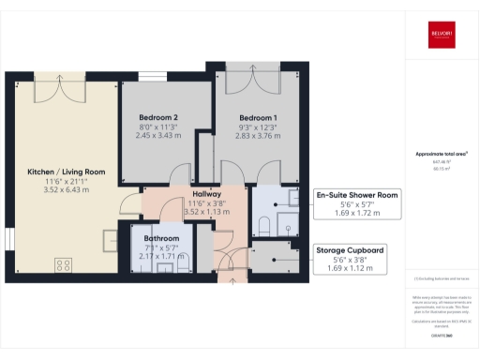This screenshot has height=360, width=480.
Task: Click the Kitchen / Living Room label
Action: click(x=67, y=172)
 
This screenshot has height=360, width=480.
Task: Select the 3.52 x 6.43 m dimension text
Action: click(x=67, y=189)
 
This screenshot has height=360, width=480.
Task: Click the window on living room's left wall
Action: click(x=8, y=242)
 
